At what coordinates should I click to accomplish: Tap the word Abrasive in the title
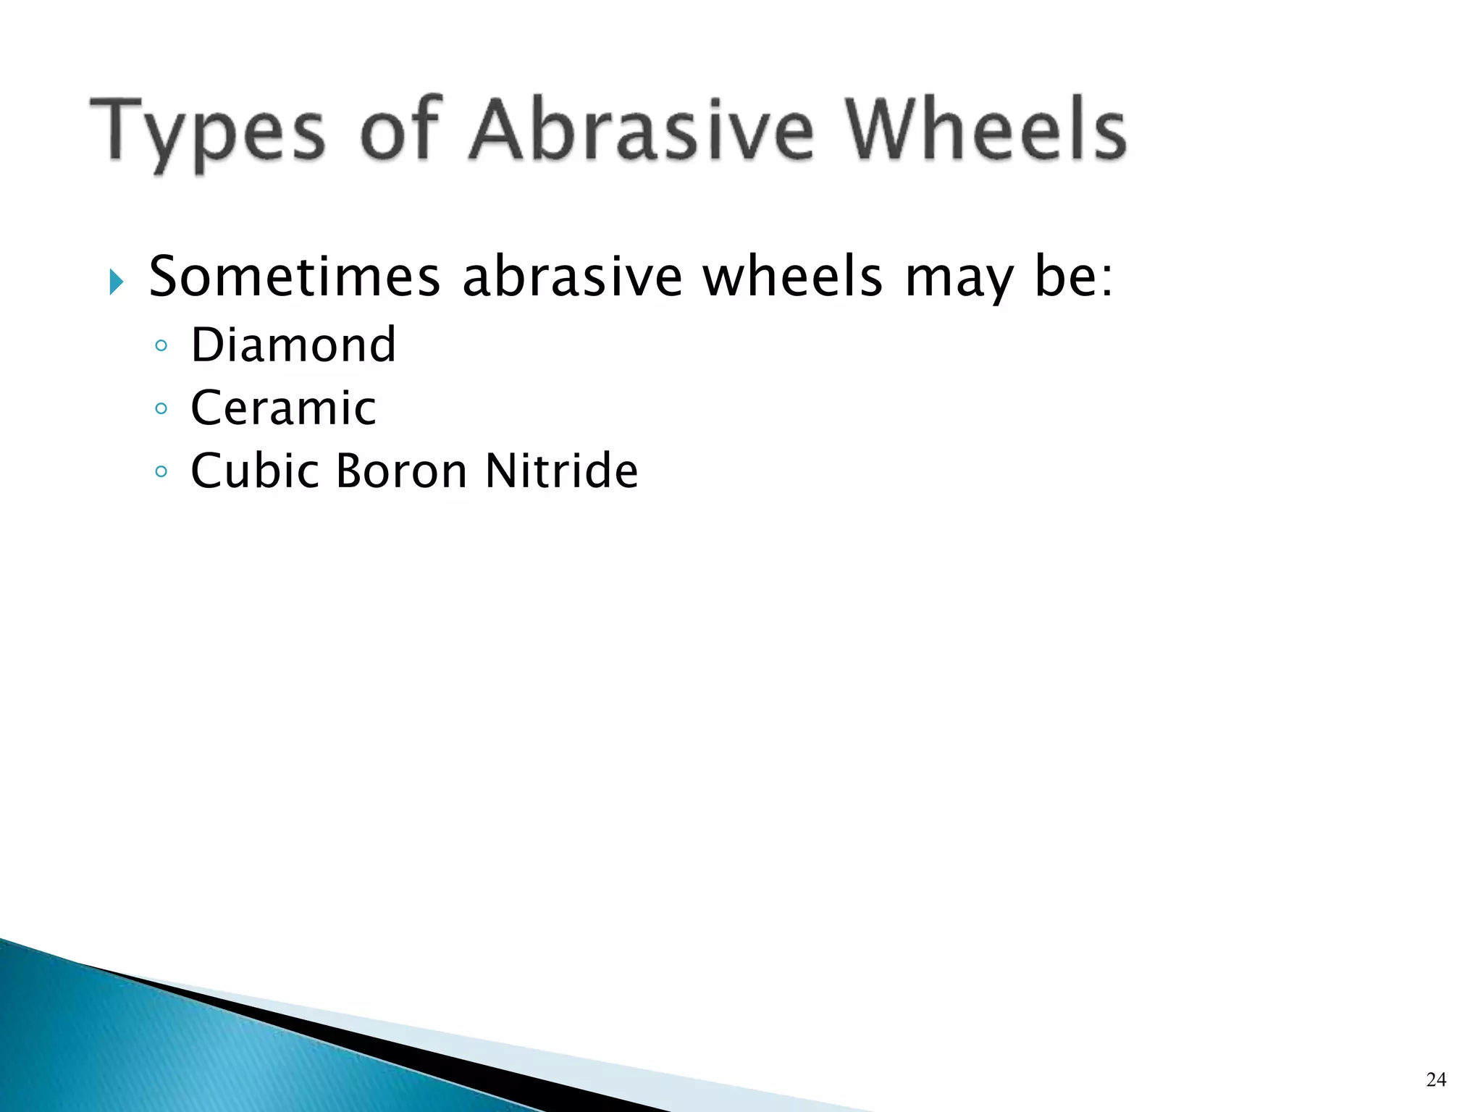pyautogui.click(x=642, y=130)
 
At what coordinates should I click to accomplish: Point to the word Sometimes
pyautogui.click(x=294, y=277)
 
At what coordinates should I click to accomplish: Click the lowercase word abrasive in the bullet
pyautogui.click(x=571, y=277)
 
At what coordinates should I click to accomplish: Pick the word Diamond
pyautogui.click(x=293, y=345)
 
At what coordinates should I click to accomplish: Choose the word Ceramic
pyautogui.click(x=283, y=408)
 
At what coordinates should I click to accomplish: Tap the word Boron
pyautogui.click(x=402, y=471)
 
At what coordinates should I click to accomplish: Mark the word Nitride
pyautogui.click(x=561, y=471)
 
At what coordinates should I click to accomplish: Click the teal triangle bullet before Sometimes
pyautogui.click(x=117, y=281)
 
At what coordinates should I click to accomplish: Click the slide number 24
pyautogui.click(x=1435, y=1079)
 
